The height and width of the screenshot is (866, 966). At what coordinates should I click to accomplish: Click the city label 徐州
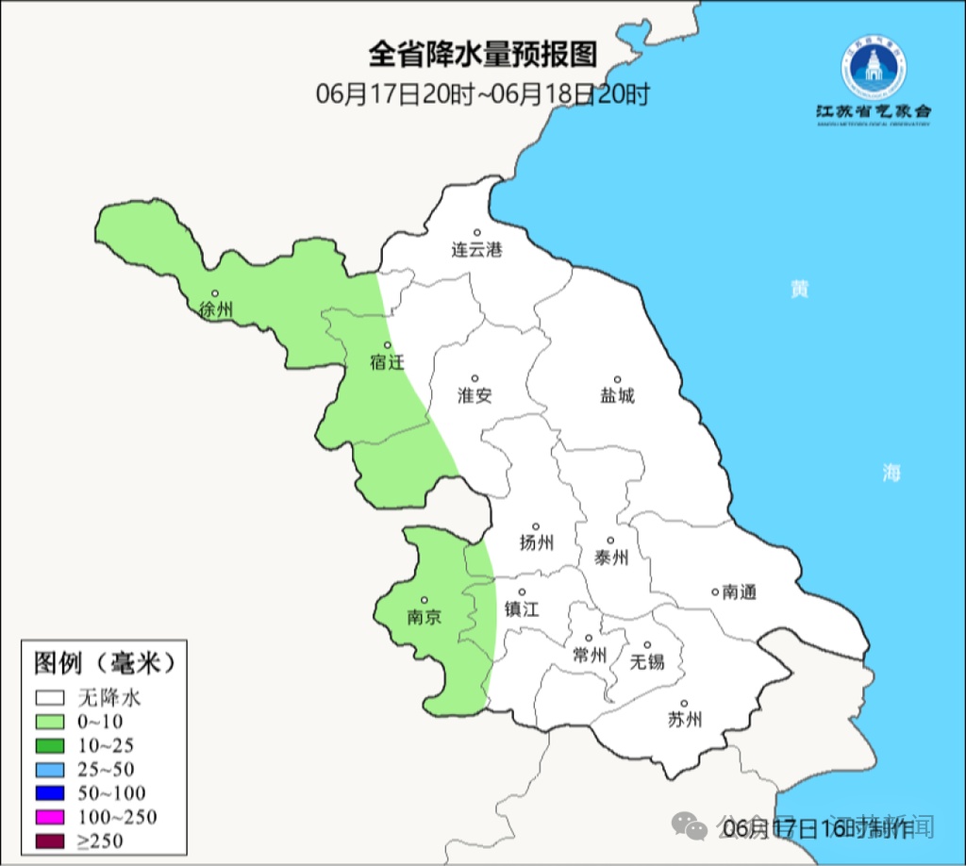coord(216,308)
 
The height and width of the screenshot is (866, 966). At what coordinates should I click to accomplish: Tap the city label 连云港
coord(476,250)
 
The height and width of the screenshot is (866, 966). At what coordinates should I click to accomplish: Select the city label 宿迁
coord(387,361)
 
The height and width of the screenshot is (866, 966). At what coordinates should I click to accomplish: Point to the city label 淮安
coord(475,395)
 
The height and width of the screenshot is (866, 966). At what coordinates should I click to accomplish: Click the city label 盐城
coord(618,395)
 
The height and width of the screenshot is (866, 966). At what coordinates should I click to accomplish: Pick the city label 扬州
coord(536,542)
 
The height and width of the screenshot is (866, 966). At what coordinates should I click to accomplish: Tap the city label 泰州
coord(610,558)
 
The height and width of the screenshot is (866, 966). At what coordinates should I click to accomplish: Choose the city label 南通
coord(740,592)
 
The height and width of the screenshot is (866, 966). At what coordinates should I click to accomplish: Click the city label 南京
coord(424,617)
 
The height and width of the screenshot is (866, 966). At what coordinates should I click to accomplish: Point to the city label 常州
coord(590,655)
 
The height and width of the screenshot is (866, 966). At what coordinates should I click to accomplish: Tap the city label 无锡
coord(647,661)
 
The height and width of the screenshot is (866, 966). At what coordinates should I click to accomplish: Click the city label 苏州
coord(685,720)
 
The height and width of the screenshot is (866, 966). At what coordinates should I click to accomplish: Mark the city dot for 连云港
coord(477,232)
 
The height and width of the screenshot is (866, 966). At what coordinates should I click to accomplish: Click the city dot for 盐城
coord(618,379)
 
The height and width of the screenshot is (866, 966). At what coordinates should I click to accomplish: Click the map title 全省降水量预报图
coord(483,54)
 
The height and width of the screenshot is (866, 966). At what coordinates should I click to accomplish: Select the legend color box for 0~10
coord(51,722)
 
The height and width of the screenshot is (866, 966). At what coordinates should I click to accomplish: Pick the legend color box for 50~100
coord(51,793)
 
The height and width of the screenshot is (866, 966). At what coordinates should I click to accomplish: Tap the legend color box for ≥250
coord(51,841)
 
